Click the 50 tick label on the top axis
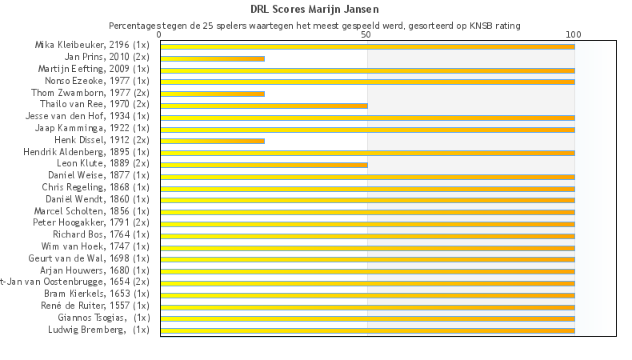click(x=366, y=35)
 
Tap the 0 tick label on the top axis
click(x=160, y=35)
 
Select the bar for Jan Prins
click(x=212, y=58)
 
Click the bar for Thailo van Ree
click(x=264, y=106)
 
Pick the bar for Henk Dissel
click(x=212, y=141)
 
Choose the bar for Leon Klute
click(x=264, y=165)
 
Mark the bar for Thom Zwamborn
click(x=212, y=94)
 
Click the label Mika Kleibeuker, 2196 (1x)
click(x=92, y=46)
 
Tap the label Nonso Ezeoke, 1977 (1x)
click(x=99, y=81)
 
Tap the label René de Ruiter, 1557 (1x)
click(x=95, y=305)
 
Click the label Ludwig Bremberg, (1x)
click(x=98, y=329)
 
